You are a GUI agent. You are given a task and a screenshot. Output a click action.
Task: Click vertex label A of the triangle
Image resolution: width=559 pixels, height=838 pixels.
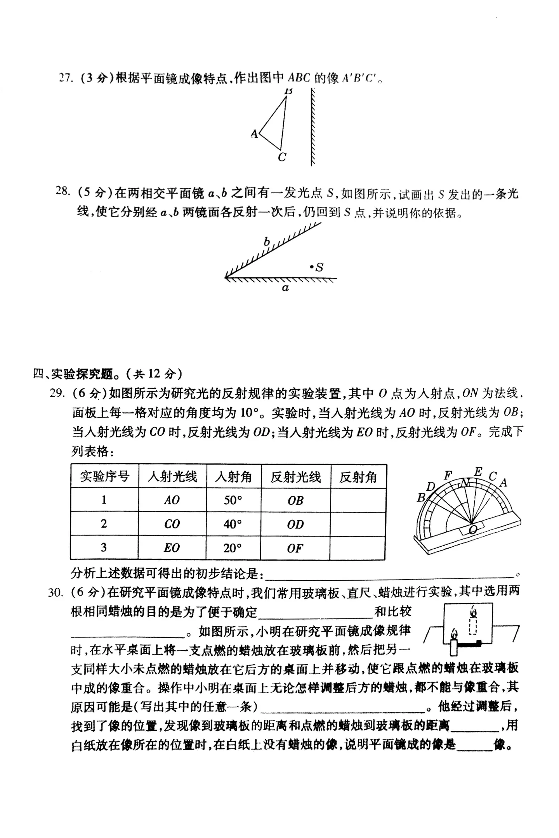pos(254,134)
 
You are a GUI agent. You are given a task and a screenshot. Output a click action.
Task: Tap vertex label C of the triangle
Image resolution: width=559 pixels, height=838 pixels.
pos(282,157)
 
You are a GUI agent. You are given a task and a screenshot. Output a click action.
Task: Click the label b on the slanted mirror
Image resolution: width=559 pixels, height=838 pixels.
pos(267,242)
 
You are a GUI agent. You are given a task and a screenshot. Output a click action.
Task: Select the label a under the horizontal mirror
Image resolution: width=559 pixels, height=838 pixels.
pos(285,288)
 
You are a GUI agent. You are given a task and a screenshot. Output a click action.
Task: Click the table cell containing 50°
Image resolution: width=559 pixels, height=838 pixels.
pos(233,500)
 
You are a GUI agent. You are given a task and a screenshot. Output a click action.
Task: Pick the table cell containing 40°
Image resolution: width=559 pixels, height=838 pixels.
pos(233,524)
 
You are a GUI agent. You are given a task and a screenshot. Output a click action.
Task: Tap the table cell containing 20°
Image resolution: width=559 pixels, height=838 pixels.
pos(233,548)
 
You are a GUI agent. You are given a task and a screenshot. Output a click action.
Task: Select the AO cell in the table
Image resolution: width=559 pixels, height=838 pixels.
pos(172,500)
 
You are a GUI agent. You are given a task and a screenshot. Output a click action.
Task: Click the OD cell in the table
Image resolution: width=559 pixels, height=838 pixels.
pos(295,524)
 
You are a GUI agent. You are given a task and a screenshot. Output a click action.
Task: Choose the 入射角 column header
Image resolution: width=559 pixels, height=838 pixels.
pos(233,476)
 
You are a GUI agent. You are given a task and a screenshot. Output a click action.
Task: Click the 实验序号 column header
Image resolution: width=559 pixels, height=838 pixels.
pos(104,476)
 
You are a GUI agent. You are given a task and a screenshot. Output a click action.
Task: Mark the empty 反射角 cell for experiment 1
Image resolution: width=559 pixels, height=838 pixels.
pos(358,500)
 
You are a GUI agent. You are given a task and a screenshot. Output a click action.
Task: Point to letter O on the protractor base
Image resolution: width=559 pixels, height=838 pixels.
pos(473,530)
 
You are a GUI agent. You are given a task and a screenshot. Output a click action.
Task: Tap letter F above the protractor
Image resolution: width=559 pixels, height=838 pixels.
pos(448,475)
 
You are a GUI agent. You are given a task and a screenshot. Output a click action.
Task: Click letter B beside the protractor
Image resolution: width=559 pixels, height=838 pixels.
pos(421,497)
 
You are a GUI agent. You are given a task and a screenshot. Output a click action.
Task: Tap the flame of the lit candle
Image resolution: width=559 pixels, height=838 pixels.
pos(454,634)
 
